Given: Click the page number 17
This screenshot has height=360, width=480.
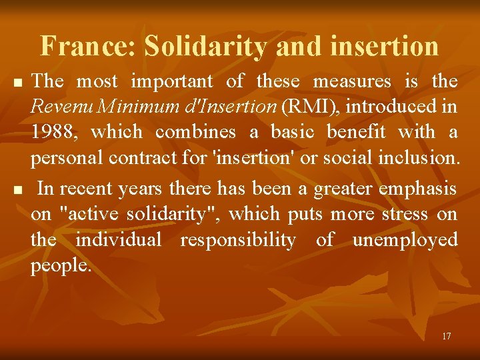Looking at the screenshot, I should click(x=446, y=336).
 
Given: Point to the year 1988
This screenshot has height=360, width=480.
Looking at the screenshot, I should click(x=53, y=132).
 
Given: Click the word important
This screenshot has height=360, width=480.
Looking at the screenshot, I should click(x=172, y=81).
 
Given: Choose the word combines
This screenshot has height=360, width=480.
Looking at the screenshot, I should click(x=195, y=132).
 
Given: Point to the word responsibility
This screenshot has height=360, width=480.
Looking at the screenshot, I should click(x=238, y=240).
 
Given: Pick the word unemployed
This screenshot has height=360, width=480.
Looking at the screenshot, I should click(x=405, y=240).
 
